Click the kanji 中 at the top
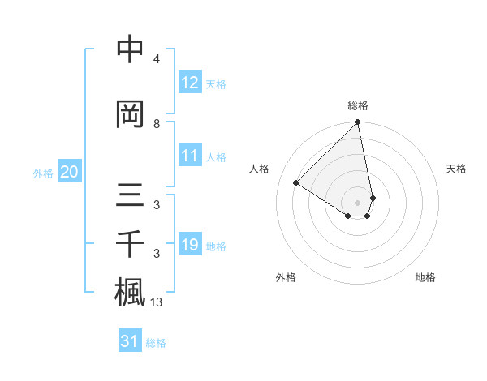tap(130, 50)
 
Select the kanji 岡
tap(130, 113)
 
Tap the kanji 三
tap(130, 196)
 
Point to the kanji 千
tap(130, 244)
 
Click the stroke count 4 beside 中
tap(157, 59)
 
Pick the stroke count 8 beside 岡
tap(157, 123)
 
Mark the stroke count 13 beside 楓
tap(157, 302)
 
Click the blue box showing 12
tap(190, 83)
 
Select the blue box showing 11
tap(190, 156)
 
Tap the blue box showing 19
tap(190, 245)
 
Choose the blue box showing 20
tap(70, 172)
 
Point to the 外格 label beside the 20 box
tap(44, 173)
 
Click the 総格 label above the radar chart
tap(358, 105)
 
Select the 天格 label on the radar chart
tap(457, 169)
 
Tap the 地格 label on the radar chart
tap(425, 277)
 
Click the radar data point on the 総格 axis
tap(358, 123)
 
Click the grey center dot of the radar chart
tap(358, 202)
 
